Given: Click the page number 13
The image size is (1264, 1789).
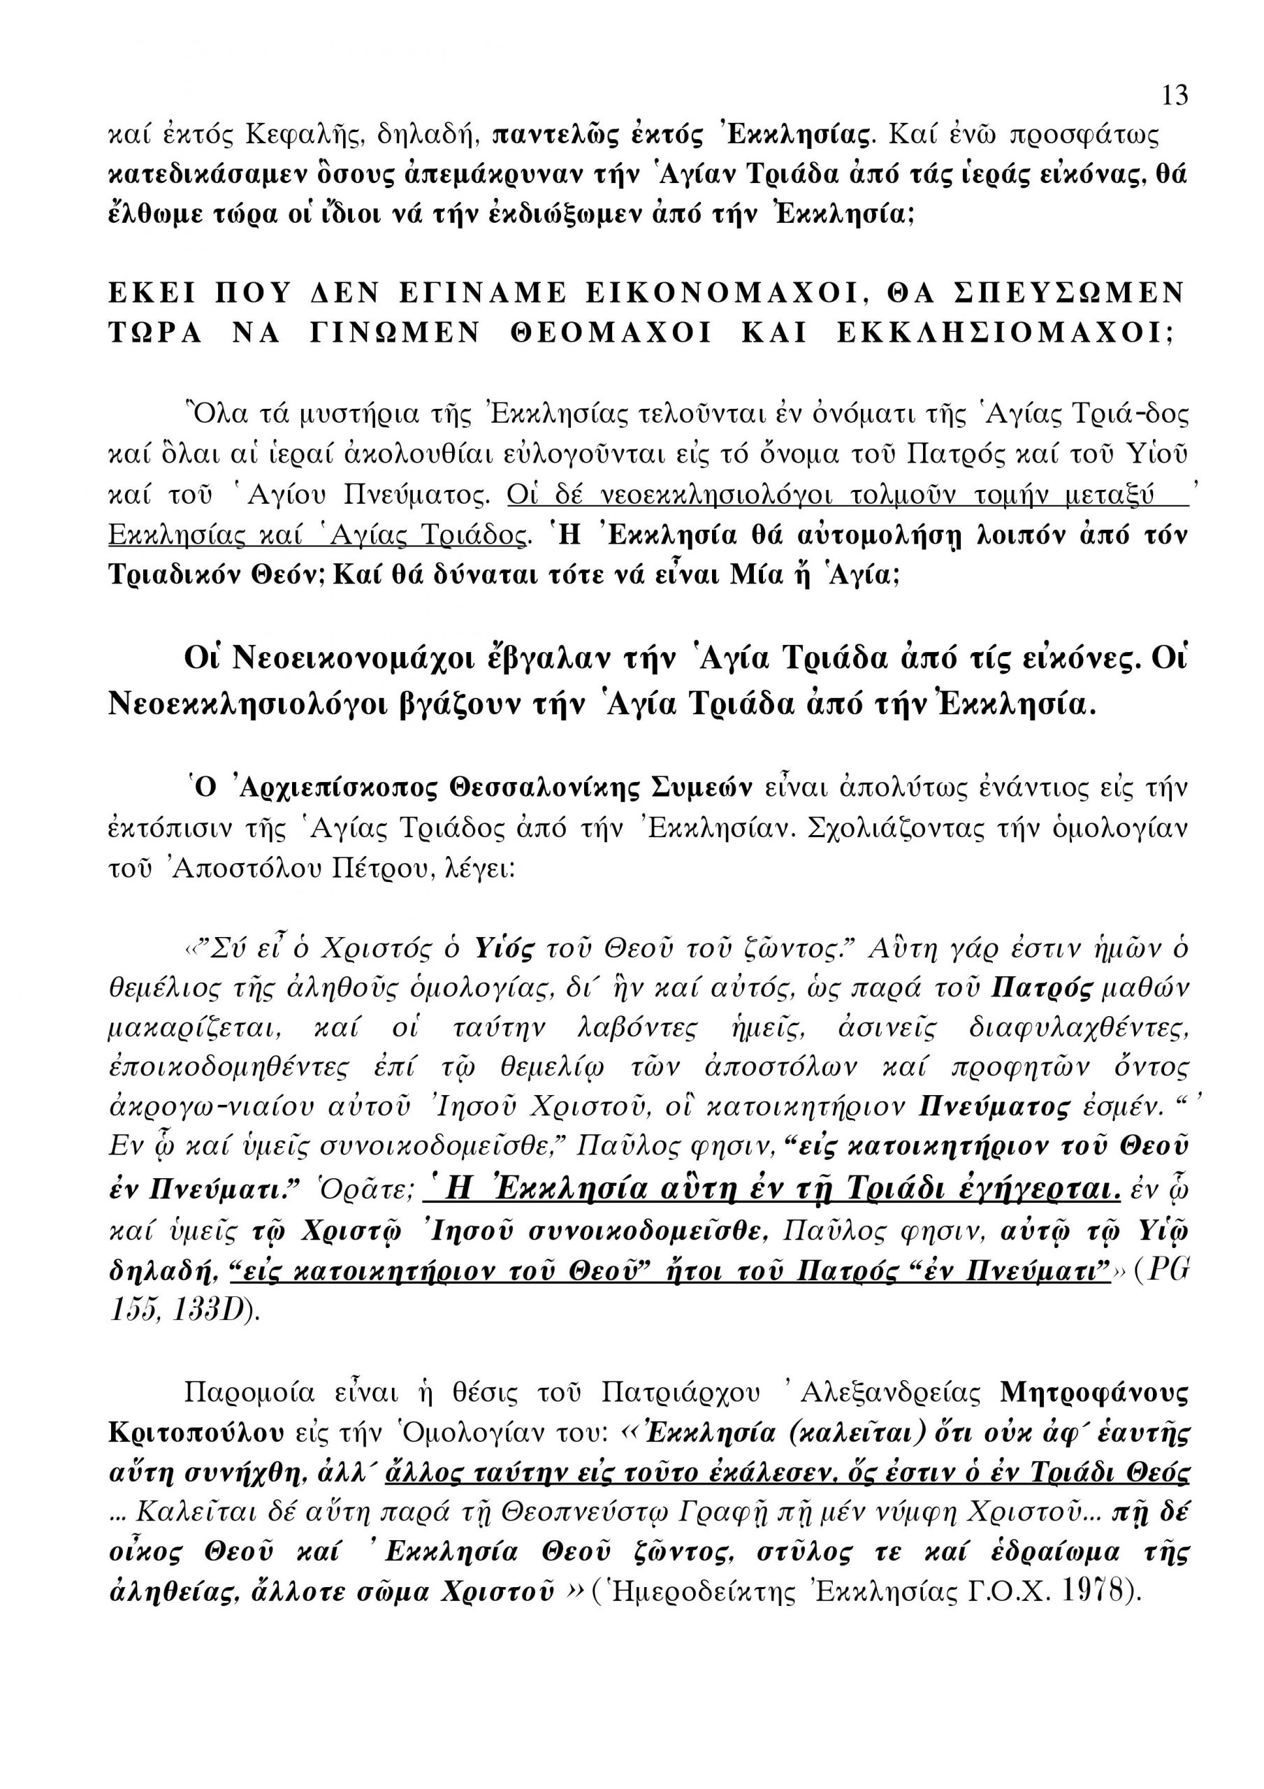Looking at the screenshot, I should tap(1175, 95).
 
